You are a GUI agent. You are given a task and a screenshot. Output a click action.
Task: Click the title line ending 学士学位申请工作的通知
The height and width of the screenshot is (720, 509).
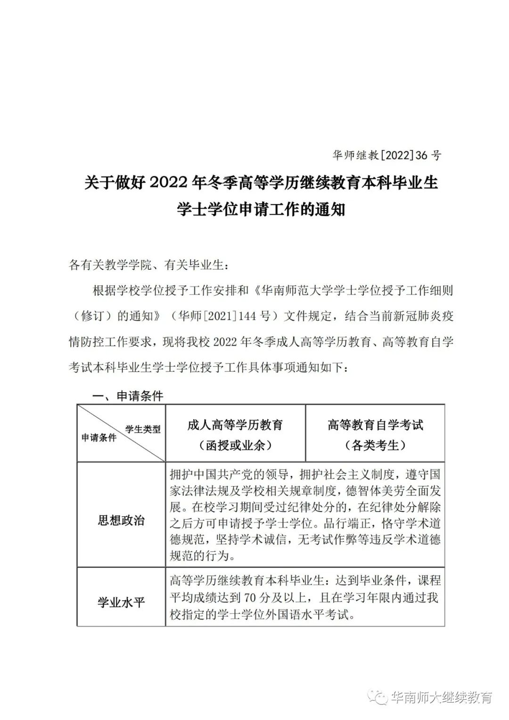point(261,209)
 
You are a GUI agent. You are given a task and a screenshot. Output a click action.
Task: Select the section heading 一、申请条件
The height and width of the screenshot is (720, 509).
point(128,395)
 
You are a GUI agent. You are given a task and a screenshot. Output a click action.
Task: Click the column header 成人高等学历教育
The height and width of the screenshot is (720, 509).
point(235,425)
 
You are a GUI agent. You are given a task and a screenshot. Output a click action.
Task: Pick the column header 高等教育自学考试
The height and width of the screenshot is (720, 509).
point(375,425)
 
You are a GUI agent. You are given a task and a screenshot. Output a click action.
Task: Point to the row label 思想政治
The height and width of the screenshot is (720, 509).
point(121,520)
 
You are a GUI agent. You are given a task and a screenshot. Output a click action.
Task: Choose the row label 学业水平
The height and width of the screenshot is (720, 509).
point(121,602)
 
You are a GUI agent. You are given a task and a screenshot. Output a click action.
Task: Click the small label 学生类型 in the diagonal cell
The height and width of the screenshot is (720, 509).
point(143,429)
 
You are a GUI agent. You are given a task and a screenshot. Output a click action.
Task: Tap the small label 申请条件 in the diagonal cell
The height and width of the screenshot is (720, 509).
point(99,438)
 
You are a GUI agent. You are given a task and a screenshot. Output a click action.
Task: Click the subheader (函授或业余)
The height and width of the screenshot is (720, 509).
point(235,445)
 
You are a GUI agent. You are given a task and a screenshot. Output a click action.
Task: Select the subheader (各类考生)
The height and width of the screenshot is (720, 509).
point(375,445)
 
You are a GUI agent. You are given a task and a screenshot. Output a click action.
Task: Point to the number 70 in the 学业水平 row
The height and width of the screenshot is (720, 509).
point(250,598)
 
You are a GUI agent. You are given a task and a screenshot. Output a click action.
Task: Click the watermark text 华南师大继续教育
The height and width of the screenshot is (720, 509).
point(441,697)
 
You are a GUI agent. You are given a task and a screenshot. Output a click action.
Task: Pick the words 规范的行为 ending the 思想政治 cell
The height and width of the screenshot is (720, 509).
point(202,556)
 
